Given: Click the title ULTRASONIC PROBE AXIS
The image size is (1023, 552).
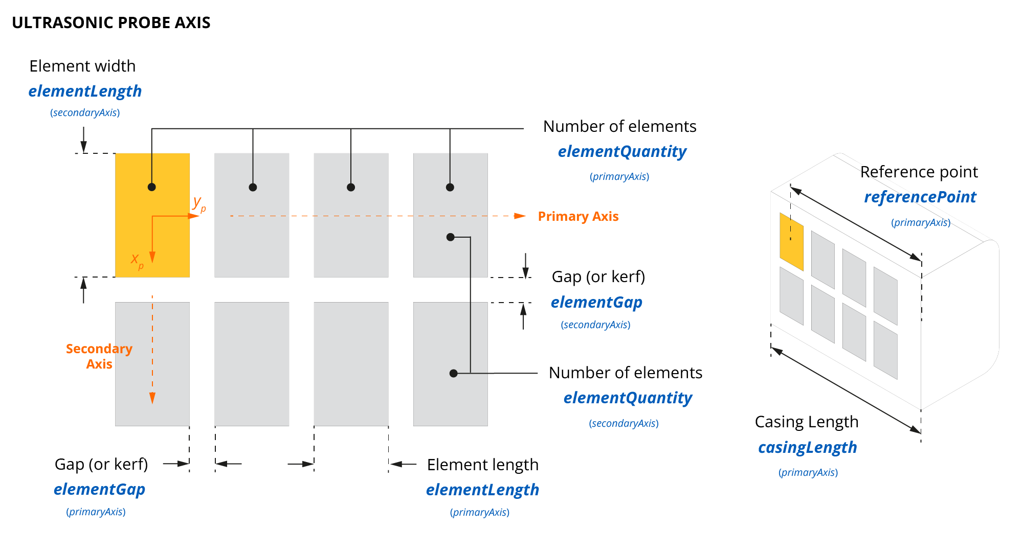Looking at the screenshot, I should point(111,22).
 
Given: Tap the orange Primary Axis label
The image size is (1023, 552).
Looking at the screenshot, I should point(578,216).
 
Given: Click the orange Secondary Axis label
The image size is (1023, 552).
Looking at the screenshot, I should point(99,356).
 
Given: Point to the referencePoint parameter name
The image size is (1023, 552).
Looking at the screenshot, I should point(920,197).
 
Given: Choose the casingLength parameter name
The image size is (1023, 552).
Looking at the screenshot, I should point(807,447).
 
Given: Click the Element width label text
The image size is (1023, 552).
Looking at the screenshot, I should point(82,66).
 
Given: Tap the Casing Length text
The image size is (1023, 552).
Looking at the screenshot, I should point(806,422).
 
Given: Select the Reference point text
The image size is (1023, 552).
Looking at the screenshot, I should point(919,172).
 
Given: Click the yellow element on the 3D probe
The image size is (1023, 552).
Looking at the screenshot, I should point(791,242).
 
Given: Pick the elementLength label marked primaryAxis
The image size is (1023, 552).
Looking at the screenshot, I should point(482,490).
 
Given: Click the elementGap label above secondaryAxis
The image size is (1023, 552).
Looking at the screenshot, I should point(596,302).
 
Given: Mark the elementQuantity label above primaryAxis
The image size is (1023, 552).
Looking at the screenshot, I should point(622,151).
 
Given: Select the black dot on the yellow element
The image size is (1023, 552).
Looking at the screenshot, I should point(151,187).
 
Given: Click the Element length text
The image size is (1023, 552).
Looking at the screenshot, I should point(482,465).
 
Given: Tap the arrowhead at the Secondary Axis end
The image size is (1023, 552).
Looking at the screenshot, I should point(152,398).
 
